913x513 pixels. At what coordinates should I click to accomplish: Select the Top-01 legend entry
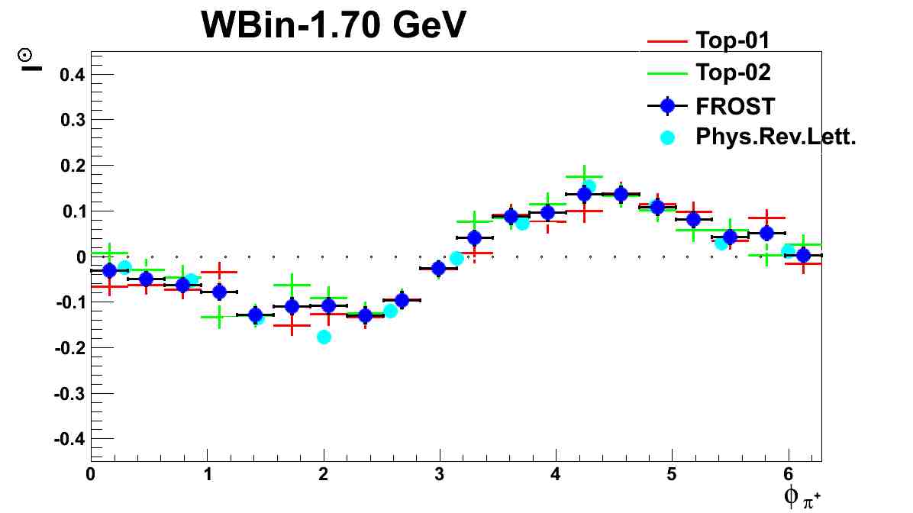click(x=733, y=40)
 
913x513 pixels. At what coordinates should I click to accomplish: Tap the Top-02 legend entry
click(x=733, y=73)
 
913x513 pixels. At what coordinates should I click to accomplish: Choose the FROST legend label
click(x=735, y=105)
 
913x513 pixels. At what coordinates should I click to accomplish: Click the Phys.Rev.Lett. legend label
click(x=772, y=137)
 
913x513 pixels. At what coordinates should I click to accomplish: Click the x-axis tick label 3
click(x=440, y=474)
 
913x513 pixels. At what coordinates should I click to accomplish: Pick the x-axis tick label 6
click(x=789, y=474)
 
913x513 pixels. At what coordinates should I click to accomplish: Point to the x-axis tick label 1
click(x=207, y=474)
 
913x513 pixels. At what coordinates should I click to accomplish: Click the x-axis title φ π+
click(x=801, y=498)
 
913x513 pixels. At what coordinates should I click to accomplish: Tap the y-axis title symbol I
click(x=25, y=60)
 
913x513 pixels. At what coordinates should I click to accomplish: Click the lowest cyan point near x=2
click(x=324, y=337)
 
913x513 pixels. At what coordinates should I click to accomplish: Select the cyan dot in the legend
click(x=667, y=137)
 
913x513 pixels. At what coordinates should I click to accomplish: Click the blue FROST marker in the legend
click(x=667, y=105)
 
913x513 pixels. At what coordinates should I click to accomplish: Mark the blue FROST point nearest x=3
click(x=438, y=268)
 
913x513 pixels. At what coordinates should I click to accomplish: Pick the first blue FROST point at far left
click(x=109, y=270)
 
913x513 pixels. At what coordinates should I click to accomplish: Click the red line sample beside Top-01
click(x=667, y=40)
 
